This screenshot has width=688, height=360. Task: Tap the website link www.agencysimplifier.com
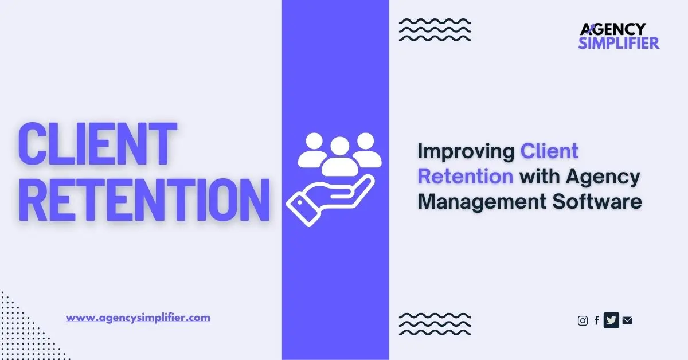click(138, 317)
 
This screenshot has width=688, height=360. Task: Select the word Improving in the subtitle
click(466, 151)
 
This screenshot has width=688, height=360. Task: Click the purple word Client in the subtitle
click(549, 151)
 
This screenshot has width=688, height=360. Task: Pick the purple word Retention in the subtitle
click(465, 176)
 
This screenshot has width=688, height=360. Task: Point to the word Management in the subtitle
click(483, 201)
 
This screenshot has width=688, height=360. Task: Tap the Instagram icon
click(583, 321)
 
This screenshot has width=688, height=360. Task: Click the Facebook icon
click(597, 321)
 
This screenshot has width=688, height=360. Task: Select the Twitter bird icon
click(611, 321)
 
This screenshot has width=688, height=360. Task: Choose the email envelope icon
click(627, 321)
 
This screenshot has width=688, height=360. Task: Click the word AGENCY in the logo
click(613, 29)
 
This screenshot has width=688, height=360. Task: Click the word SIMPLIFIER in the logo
click(619, 42)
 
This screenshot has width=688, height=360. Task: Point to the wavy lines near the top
click(435, 29)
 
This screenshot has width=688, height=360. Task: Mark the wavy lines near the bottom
click(435, 324)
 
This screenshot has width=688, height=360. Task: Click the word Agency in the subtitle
click(603, 176)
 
